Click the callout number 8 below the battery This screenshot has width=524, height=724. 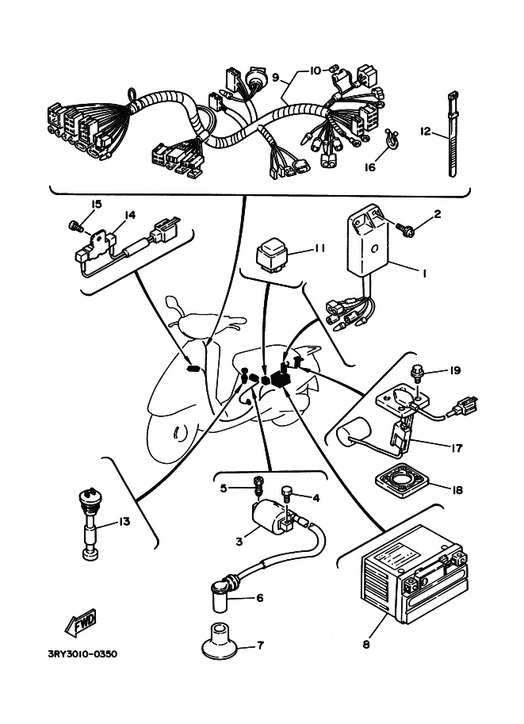point(366,645)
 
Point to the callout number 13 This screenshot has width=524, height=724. point(124,521)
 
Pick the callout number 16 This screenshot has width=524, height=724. point(369,167)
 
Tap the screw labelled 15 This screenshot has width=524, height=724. point(75,226)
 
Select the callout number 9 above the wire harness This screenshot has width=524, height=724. point(276,78)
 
